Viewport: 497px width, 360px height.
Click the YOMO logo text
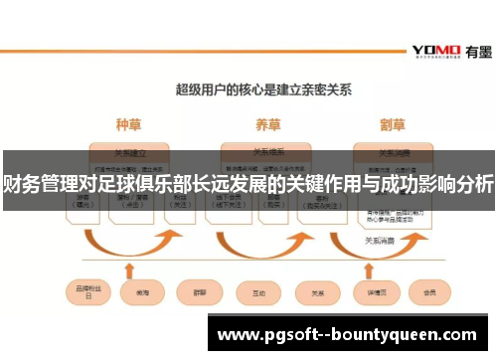(x=435, y=50)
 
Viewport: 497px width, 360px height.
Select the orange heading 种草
(x=128, y=125)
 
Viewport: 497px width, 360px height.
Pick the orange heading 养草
(x=266, y=125)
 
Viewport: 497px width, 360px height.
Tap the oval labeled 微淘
(x=140, y=293)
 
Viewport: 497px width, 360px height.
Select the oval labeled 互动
(x=258, y=293)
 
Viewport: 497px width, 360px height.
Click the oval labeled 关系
(x=318, y=293)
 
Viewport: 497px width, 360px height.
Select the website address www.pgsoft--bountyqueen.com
(x=350, y=335)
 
